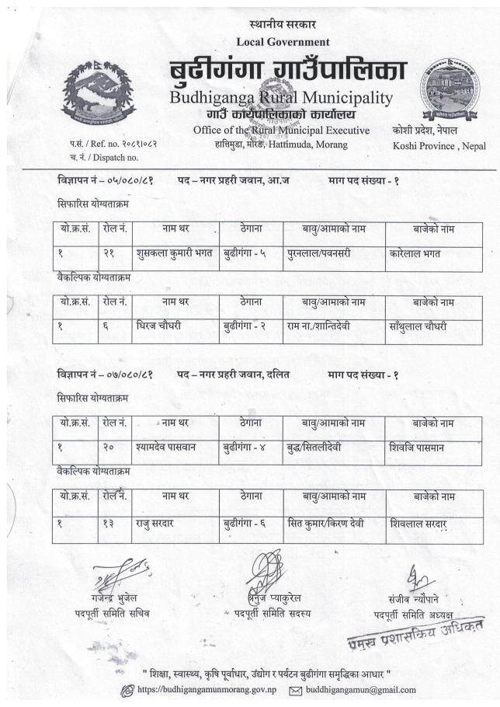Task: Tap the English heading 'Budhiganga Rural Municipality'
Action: (x=280, y=99)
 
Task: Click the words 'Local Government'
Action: (x=286, y=41)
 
